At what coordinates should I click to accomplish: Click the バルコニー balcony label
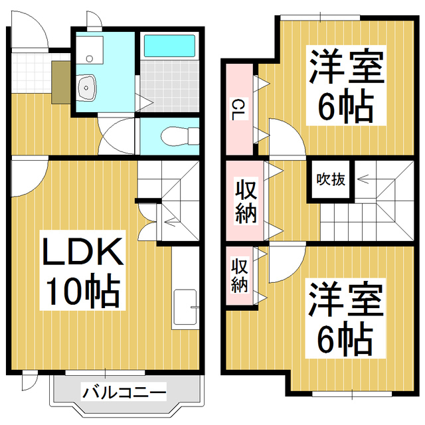[124, 392]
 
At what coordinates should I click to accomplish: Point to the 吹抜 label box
[330, 179]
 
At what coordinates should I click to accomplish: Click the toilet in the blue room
[173, 137]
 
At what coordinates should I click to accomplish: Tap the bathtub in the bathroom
[168, 46]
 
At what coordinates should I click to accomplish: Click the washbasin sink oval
[87, 86]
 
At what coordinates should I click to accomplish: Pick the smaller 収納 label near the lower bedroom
[239, 276]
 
